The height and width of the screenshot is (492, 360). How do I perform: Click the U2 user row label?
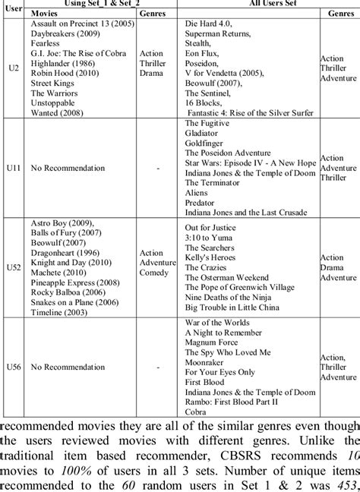coord(12,68)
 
